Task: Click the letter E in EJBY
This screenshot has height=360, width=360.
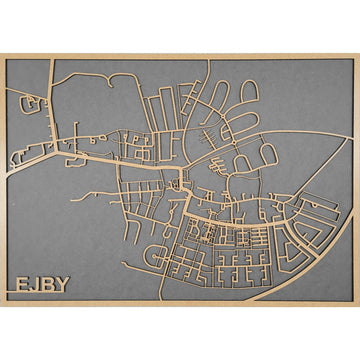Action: coord(21,283)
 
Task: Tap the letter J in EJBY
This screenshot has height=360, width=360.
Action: coord(34,283)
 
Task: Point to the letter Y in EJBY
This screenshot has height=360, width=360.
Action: coord(62,283)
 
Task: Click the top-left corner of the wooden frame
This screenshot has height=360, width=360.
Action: coord(2,55)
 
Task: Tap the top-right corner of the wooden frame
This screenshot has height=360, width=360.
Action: coord(357,55)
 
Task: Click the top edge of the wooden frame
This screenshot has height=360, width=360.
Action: coord(180,56)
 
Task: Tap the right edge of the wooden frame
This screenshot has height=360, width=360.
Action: coord(356,180)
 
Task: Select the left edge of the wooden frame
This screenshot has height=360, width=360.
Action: coord(3,180)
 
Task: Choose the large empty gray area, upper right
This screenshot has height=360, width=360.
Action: coord(300,100)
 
